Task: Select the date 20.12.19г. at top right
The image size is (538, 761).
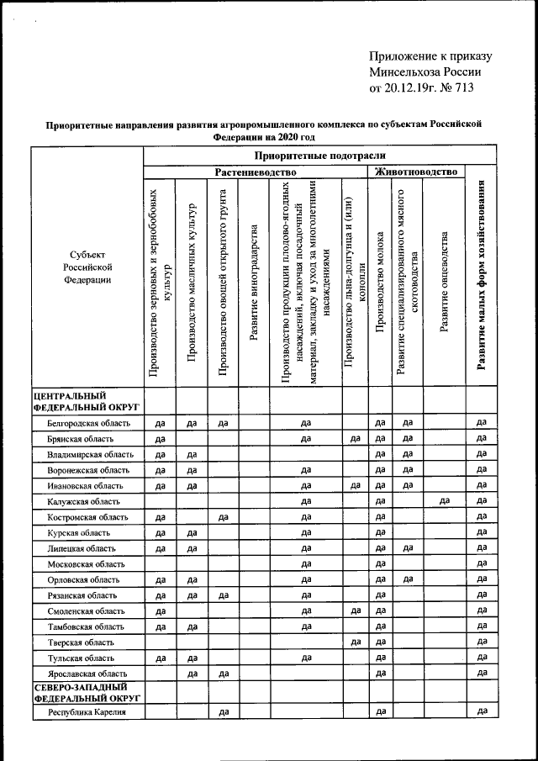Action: click(x=409, y=87)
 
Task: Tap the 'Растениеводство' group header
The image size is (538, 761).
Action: click(x=256, y=172)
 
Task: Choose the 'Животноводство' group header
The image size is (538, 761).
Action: click(x=416, y=172)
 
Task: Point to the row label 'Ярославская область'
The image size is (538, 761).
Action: click(x=86, y=674)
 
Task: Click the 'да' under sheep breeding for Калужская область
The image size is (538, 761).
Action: click(x=444, y=502)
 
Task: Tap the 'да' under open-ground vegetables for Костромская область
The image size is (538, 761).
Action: click(x=224, y=517)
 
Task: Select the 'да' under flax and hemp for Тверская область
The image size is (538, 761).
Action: click(x=355, y=642)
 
